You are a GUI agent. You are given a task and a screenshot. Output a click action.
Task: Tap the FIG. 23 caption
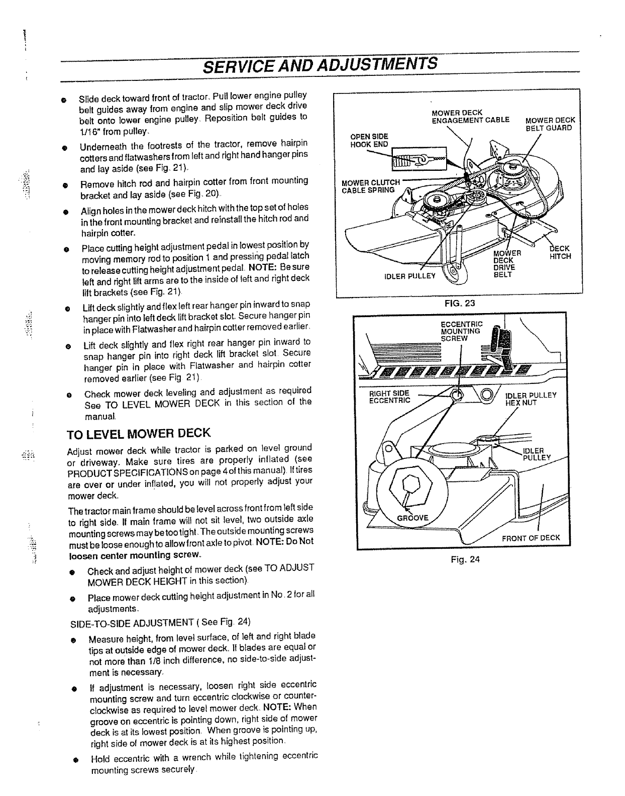(x=456, y=304)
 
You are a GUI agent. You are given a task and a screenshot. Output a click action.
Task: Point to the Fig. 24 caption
(x=465, y=559)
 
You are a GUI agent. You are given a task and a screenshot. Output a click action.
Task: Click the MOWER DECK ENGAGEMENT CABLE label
(x=470, y=116)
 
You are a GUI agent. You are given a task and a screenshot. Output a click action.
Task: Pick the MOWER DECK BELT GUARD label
(x=550, y=124)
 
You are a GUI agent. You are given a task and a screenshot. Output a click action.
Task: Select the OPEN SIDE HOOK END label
(x=369, y=140)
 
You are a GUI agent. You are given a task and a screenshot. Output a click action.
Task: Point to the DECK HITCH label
(x=560, y=252)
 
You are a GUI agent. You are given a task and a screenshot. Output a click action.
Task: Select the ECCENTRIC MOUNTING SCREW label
(x=461, y=331)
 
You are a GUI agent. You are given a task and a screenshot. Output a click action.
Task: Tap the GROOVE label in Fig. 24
(x=413, y=518)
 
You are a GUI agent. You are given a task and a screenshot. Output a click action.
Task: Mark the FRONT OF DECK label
(x=531, y=537)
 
